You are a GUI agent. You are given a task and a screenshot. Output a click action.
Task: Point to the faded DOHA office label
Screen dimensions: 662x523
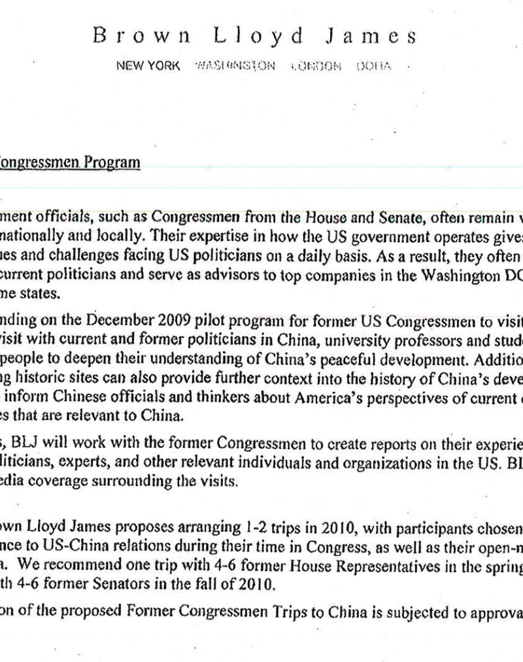(374, 67)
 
